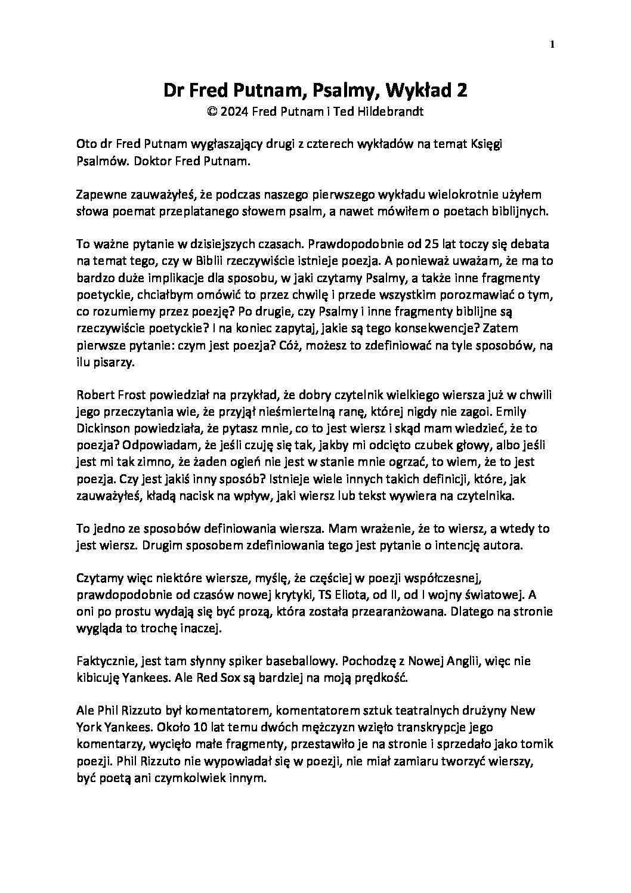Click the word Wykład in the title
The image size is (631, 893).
419,90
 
